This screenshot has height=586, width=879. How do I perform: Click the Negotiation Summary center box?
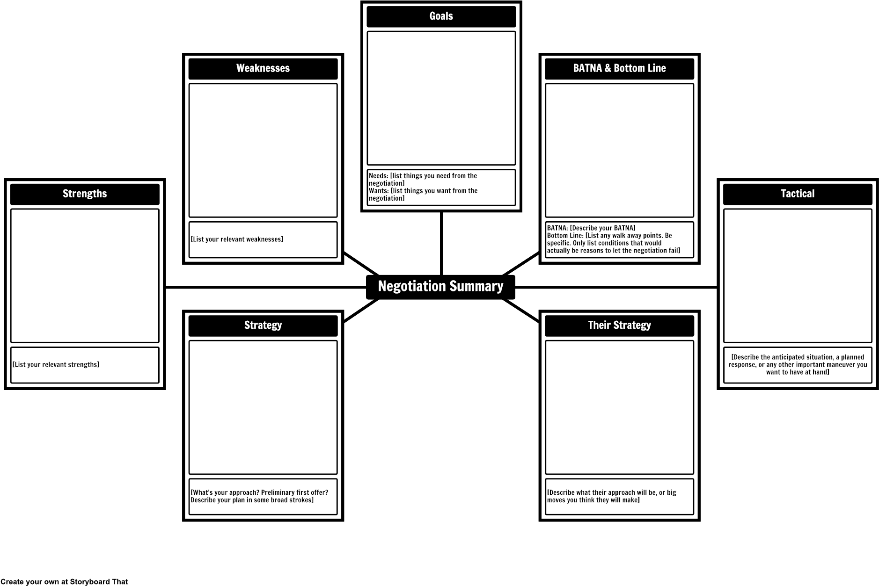click(440, 287)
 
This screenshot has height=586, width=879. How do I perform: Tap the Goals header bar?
click(441, 16)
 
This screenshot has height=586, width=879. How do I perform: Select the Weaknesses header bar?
click(263, 69)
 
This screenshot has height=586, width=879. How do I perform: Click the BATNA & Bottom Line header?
click(619, 69)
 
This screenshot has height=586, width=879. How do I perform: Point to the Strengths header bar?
click(85, 194)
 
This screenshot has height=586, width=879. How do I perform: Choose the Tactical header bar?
click(798, 194)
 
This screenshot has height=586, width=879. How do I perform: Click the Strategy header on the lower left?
click(263, 326)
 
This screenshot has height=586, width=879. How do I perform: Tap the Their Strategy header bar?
click(619, 326)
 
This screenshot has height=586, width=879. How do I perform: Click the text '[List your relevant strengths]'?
click(56, 365)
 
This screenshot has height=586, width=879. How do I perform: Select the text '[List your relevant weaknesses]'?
click(237, 239)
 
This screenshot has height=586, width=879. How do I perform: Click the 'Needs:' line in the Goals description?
click(423, 180)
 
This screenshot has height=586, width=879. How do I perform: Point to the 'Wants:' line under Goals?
click(423, 195)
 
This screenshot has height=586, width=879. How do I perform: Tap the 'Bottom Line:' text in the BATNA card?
click(614, 243)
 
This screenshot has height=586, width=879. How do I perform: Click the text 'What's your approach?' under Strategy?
click(225, 492)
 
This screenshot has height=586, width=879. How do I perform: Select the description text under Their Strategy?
click(611, 496)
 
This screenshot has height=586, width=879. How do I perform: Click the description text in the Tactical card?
click(798, 365)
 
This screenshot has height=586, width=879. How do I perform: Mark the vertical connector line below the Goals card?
click(441, 244)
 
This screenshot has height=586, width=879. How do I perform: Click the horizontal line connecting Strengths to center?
click(266, 287)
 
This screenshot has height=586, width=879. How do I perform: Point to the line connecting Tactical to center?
click(616, 287)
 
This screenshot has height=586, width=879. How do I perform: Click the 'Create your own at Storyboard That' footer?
click(64, 582)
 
